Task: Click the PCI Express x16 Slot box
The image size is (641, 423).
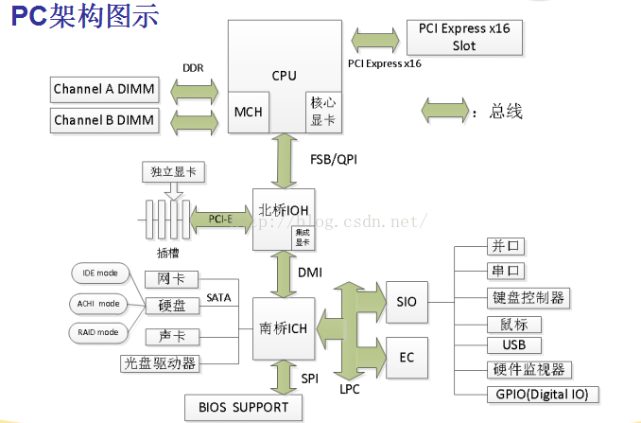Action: (x=464, y=37)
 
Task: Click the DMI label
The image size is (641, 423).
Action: (x=311, y=273)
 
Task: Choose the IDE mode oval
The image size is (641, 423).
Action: (x=99, y=273)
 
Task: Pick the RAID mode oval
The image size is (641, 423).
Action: (x=99, y=332)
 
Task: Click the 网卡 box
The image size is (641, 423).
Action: (x=171, y=279)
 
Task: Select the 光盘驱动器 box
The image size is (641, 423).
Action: (x=159, y=362)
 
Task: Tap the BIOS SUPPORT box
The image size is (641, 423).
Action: (x=244, y=408)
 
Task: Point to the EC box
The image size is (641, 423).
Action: (x=407, y=357)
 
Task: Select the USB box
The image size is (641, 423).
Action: (x=513, y=344)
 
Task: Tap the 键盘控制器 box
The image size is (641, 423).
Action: (x=528, y=298)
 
